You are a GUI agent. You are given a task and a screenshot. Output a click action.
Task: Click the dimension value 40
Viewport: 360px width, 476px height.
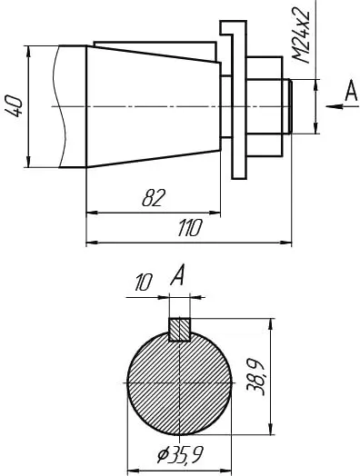coord(14,106)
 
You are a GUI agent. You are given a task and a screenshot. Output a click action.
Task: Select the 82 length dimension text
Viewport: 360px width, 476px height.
coord(154,198)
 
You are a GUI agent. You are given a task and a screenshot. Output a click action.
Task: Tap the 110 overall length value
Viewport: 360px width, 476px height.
coord(190,228)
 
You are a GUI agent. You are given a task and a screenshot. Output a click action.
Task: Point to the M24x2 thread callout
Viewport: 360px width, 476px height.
coord(302,36)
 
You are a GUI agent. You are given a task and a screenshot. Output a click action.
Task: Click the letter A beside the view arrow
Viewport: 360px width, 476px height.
coord(351,91)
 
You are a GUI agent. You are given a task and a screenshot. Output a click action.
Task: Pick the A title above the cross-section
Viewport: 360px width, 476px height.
coord(177,274)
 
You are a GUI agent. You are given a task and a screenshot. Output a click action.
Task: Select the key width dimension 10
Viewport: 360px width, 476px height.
coord(143,282)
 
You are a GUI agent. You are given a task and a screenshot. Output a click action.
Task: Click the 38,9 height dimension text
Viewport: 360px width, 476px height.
coord(255,377)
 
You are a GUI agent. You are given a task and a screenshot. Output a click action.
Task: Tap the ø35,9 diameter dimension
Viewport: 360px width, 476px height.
coord(181,454)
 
